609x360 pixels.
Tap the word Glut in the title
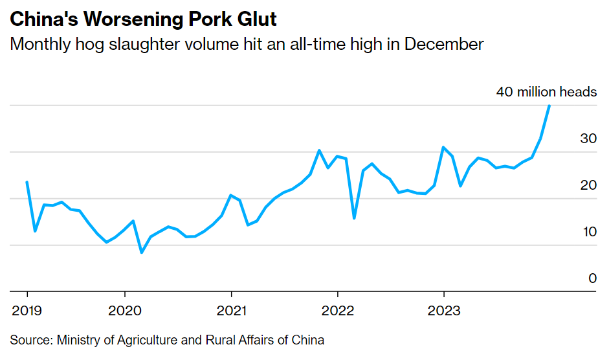click(256, 19)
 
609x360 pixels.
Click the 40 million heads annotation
click(546, 92)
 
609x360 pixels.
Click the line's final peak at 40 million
click(549, 106)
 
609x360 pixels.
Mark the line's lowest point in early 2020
click(141, 253)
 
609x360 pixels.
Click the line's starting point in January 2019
click(27, 182)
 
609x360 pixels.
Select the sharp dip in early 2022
click(354, 218)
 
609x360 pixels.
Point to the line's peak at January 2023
click(443, 147)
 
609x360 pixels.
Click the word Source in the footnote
click(30, 340)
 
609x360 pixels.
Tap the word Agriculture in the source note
click(140, 340)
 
